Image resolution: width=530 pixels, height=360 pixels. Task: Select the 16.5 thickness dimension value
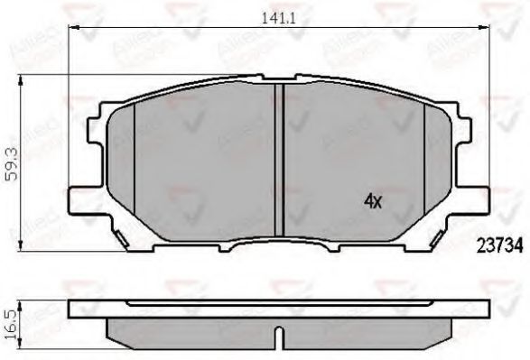point(11,321)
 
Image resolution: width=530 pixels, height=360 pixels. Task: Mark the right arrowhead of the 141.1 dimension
point(481,29)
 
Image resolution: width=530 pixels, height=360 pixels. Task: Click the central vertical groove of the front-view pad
point(279,158)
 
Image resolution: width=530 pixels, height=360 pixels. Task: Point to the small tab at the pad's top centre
point(280,78)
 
